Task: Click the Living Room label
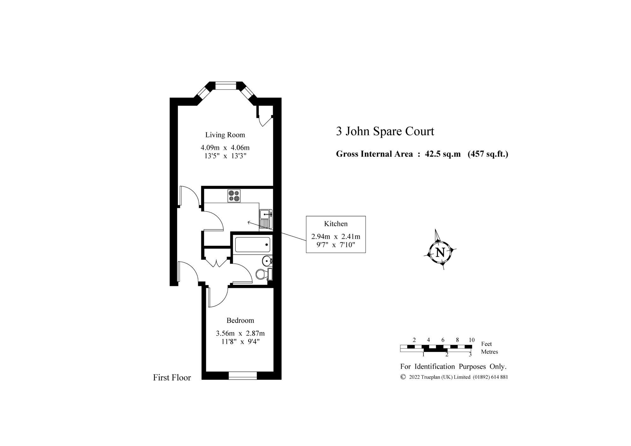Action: [x=225, y=135]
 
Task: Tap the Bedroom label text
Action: [x=240, y=320]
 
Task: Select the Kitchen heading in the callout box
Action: [x=336, y=224]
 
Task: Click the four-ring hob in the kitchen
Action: [x=234, y=196]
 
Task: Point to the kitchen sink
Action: [x=266, y=219]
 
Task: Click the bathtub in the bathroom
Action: [x=253, y=244]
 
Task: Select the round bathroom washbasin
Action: [x=267, y=261]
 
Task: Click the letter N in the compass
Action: [x=440, y=253]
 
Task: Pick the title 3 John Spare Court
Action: [x=385, y=131]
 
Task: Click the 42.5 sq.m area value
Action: [x=443, y=154]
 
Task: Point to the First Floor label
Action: [x=172, y=378]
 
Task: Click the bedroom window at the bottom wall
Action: [x=242, y=375]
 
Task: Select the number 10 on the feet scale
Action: [x=471, y=340]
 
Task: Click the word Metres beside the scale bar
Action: [x=489, y=352]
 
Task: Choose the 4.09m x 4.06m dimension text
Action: [x=225, y=147]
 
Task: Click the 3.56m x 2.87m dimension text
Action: [x=240, y=333]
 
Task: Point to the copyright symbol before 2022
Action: [x=403, y=377]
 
